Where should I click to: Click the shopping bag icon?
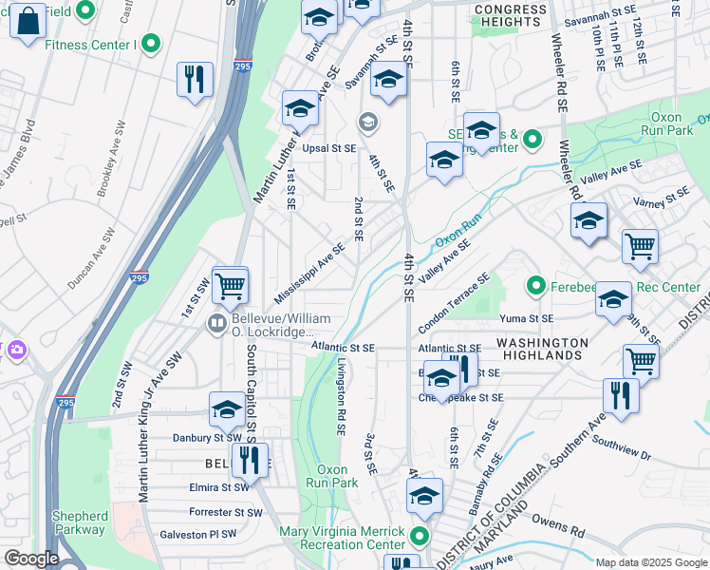tap(28, 19)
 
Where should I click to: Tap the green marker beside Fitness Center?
tap(150, 43)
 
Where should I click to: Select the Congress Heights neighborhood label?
tap(511, 16)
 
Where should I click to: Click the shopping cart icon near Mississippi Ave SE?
tap(230, 284)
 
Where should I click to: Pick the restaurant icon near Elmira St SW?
tap(250, 461)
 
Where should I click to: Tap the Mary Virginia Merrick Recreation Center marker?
tap(419, 540)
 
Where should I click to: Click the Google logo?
tap(31, 559)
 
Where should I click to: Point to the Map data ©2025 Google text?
tap(650, 562)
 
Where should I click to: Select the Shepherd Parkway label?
tap(80, 522)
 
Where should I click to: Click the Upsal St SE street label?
tap(328, 148)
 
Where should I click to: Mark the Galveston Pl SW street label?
tap(198, 534)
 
